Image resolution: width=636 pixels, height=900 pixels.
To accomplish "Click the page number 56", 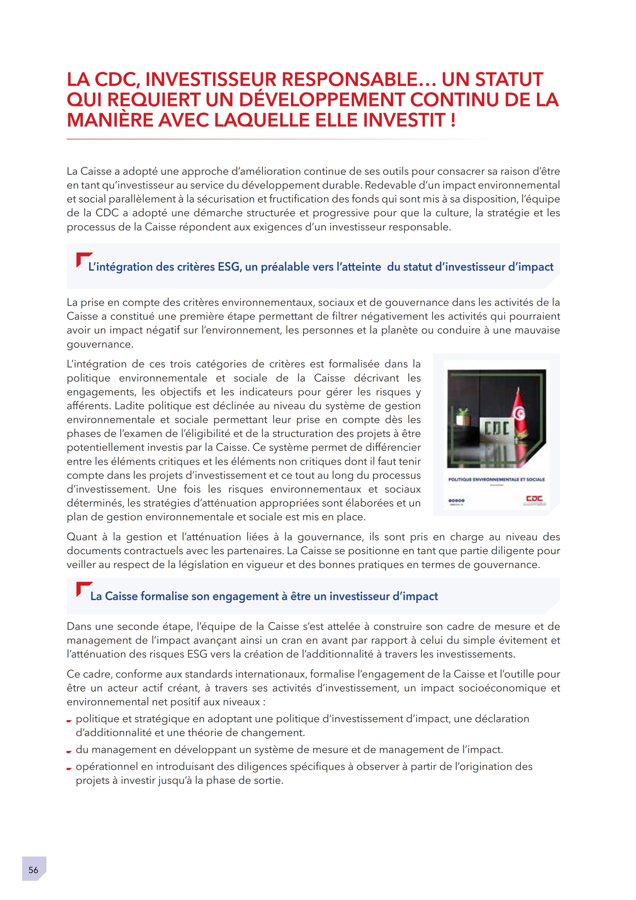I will pos(33,870).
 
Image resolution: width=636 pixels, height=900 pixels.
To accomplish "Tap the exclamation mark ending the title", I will pos(453,120).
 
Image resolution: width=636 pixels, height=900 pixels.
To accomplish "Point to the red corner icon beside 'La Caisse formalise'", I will pos(83,588).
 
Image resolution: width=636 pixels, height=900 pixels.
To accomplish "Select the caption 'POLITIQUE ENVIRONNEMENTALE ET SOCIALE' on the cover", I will pos(496,480).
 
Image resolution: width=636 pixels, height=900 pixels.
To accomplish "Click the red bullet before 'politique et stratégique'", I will pos(69,721).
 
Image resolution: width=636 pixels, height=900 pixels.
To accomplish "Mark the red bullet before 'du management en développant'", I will pos(69,751).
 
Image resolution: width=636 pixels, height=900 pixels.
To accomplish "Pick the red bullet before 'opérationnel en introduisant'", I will pos(69,768).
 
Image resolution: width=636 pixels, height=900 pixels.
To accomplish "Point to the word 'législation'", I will pos(206,565).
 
